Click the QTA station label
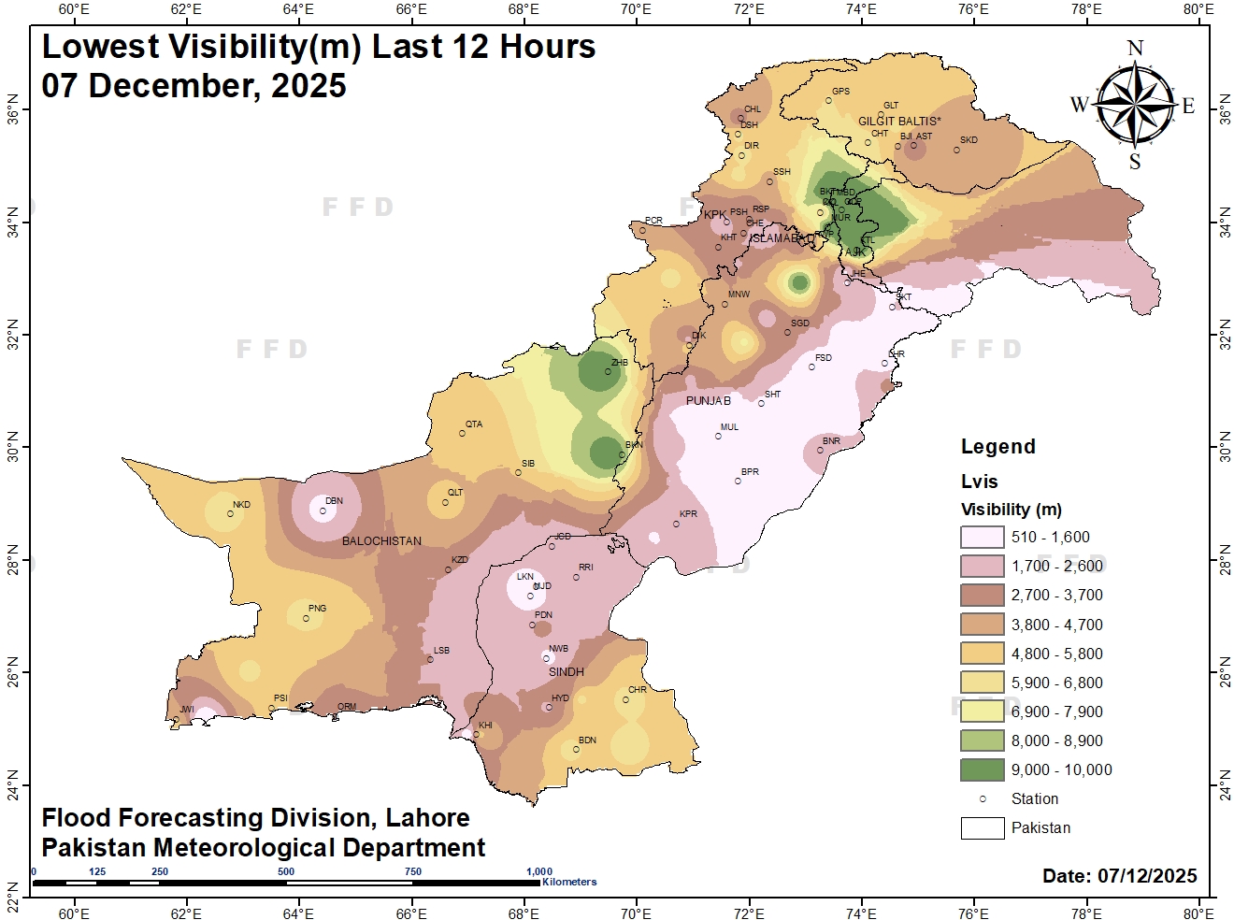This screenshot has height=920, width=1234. point(474,424)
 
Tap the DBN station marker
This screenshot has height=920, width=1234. point(323,510)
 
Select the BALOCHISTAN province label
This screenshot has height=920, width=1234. point(381,541)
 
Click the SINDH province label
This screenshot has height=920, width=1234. point(567,672)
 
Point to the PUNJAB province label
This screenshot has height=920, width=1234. point(709,401)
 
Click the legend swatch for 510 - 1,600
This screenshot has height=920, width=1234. point(982,538)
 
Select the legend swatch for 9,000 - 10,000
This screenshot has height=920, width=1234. point(982,770)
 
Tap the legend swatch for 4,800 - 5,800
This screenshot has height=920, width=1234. point(982,654)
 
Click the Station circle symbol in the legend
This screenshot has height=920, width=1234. point(983,799)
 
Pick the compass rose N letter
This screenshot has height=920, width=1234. point(1135,49)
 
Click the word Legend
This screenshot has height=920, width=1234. point(997,447)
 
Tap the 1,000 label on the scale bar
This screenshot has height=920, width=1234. point(539,871)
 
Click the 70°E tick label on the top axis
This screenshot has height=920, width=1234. point(636,9)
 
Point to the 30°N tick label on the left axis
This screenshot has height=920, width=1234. point(12,447)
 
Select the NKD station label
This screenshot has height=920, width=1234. point(241,505)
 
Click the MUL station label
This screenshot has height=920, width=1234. point(729,427)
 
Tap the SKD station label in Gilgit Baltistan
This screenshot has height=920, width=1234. point(969,140)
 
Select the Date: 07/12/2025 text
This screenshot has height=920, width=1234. point(1119,876)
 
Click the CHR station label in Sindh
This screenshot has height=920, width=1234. point(637,690)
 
